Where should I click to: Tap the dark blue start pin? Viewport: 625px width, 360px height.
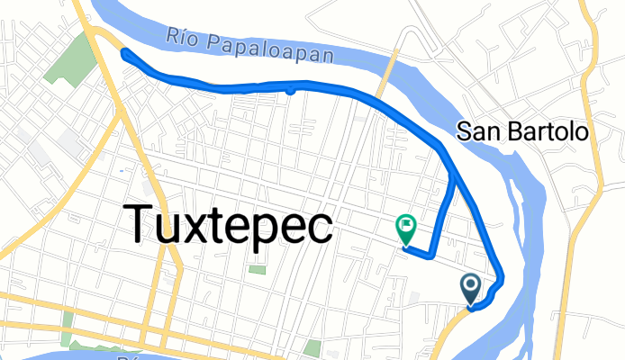point(471,289)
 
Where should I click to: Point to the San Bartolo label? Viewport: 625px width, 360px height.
point(522,131)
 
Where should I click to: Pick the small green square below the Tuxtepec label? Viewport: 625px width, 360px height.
point(258,269)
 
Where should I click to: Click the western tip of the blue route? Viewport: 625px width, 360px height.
point(123,51)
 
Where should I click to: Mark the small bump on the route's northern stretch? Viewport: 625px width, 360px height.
point(290,90)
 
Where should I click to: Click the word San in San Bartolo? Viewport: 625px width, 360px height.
point(475,131)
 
